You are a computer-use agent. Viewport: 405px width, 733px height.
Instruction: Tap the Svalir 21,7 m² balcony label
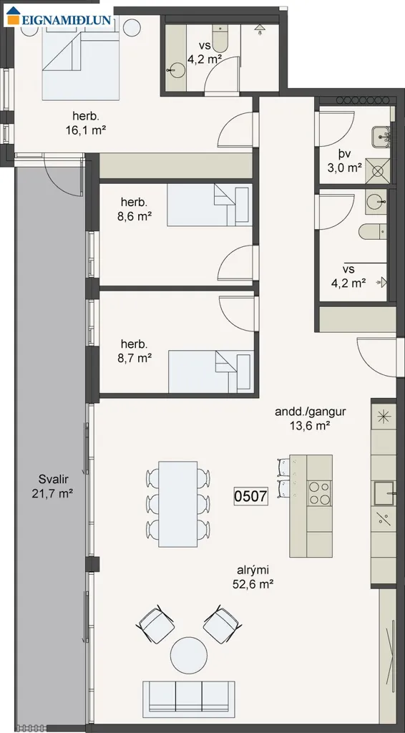point(52,486)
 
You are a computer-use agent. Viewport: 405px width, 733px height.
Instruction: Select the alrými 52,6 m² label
point(253,576)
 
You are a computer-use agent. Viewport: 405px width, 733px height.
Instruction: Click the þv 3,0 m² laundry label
point(346,161)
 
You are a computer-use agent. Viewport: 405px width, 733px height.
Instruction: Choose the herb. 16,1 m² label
point(86,123)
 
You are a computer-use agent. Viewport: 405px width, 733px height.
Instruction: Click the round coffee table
point(189,656)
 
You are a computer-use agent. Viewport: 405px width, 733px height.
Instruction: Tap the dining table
point(177,504)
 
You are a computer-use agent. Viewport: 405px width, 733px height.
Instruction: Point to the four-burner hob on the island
point(320,492)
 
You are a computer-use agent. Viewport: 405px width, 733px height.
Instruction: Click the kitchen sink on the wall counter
point(384,492)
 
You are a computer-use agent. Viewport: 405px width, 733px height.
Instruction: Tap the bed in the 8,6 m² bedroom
point(210,205)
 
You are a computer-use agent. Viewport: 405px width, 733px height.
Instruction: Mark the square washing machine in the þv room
point(377,170)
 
